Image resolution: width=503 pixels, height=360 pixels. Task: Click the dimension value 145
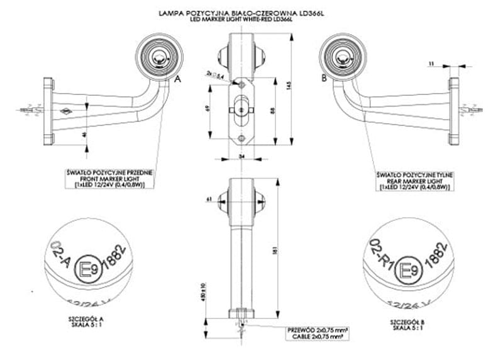289,86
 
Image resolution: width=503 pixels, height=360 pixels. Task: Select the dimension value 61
207,199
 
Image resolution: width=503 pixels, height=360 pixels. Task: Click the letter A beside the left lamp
177,79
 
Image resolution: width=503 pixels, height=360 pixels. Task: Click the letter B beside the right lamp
324,79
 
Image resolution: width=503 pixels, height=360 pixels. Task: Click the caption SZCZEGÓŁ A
87,321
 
